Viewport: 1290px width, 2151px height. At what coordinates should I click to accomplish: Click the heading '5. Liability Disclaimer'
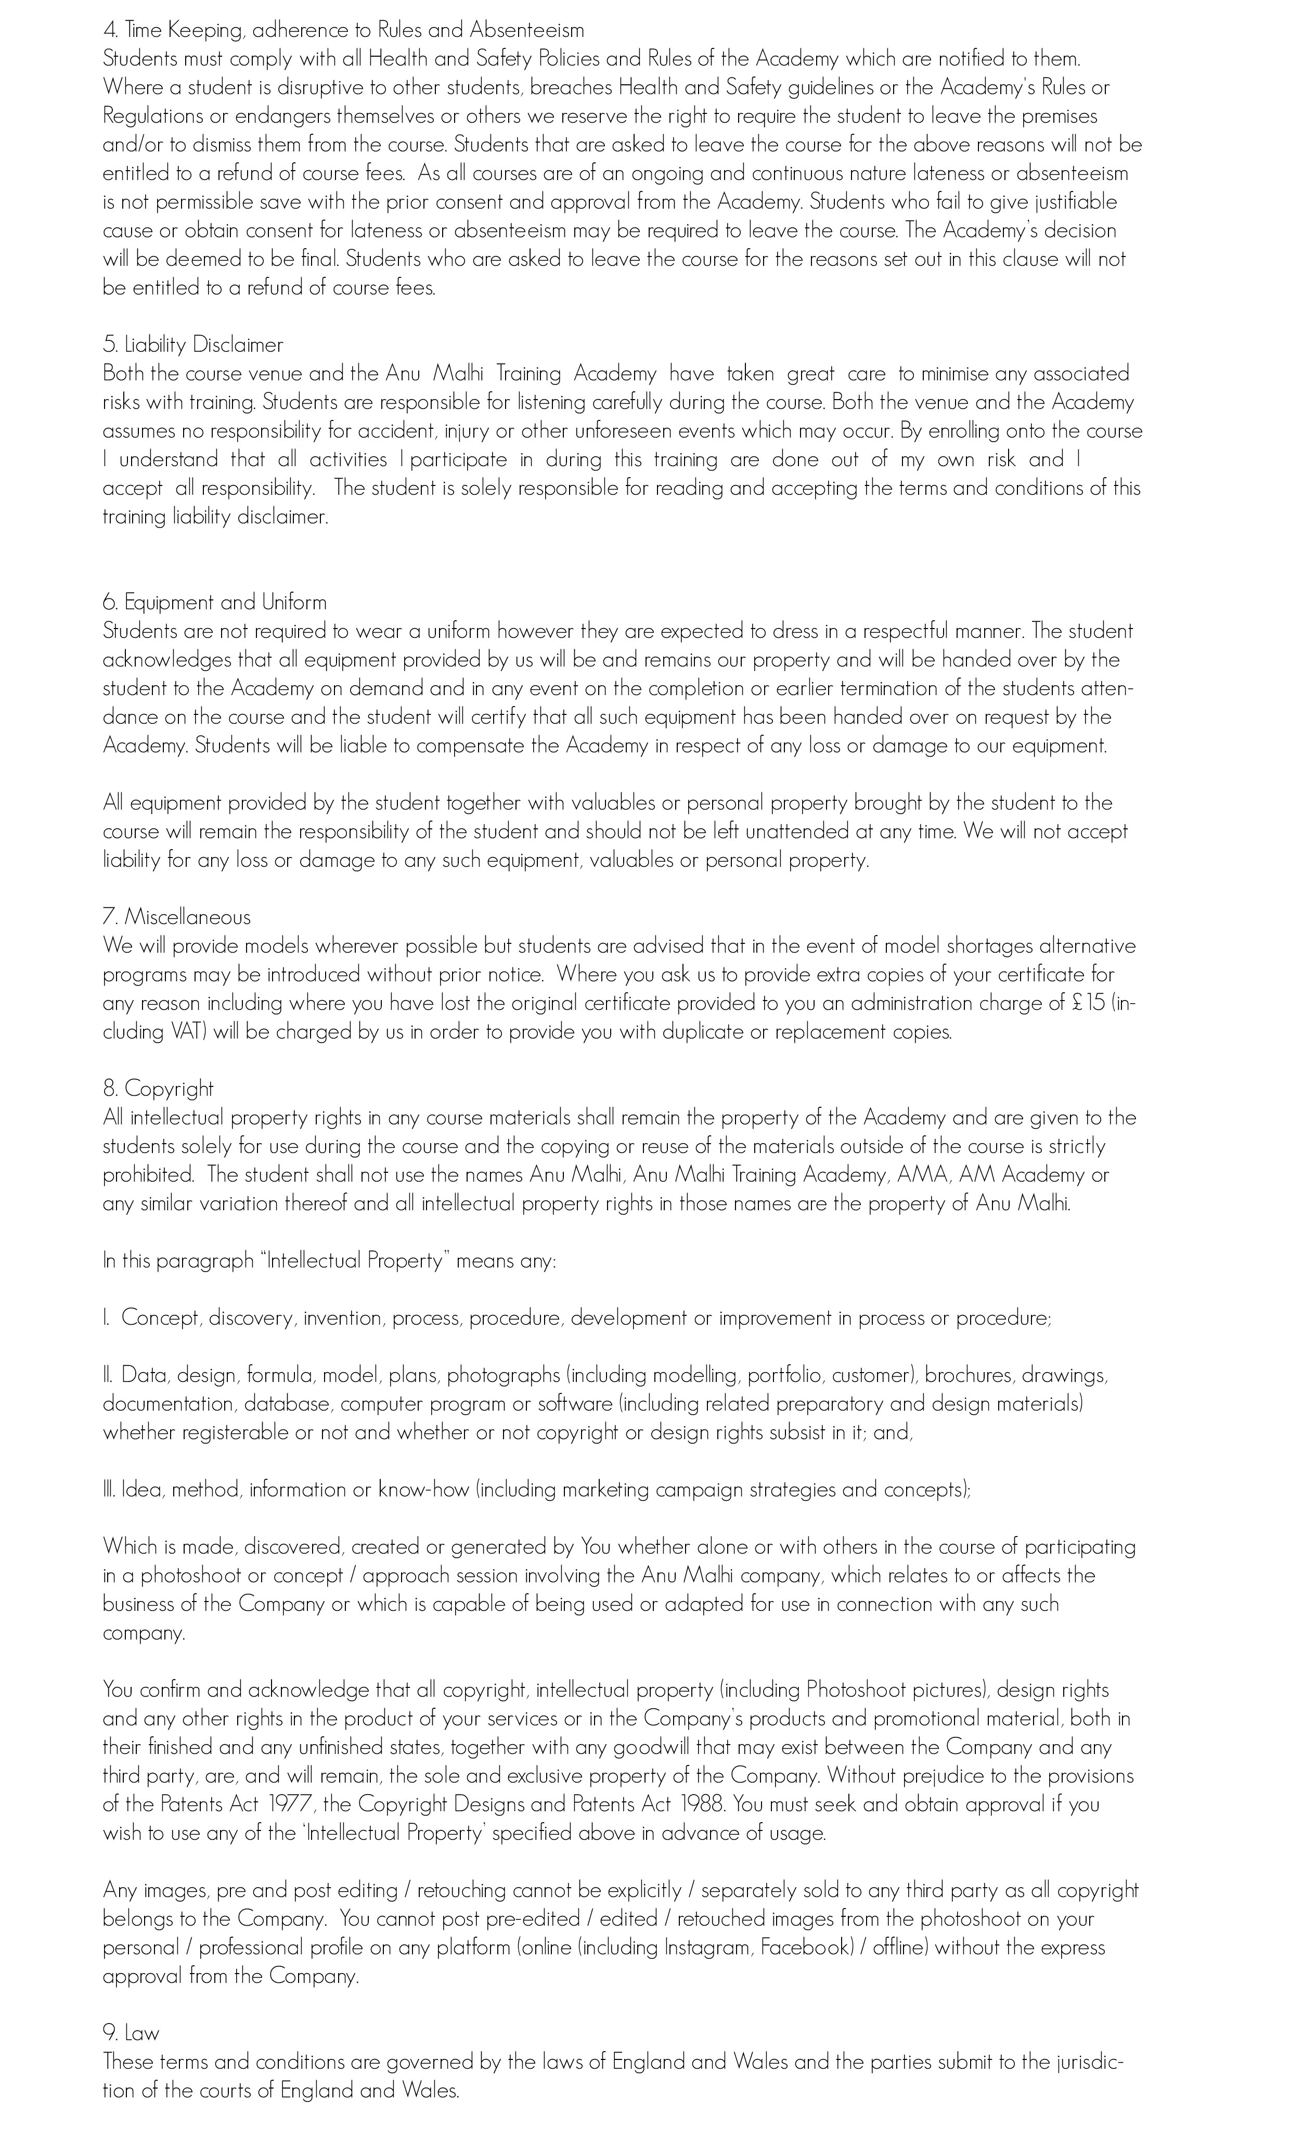[x=193, y=345]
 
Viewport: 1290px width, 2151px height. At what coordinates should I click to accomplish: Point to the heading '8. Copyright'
[x=158, y=1089]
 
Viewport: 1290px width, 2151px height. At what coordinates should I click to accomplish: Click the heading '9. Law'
[x=131, y=2033]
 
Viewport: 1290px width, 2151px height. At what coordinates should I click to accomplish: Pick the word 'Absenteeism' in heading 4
[x=527, y=30]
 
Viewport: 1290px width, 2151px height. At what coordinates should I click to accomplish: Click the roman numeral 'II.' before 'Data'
[x=109, y=1375]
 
